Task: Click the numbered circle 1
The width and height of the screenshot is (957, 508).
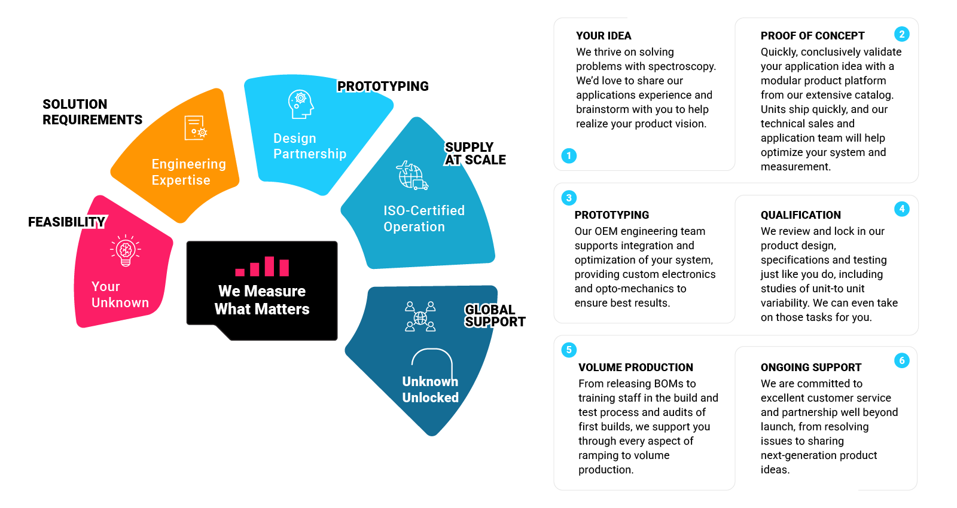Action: point(569,156)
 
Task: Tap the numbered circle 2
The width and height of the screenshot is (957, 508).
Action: point(902,34)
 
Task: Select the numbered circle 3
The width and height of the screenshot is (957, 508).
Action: point(569,198)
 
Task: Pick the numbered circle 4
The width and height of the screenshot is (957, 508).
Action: point(902,209)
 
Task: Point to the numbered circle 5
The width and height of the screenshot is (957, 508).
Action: point(569,350)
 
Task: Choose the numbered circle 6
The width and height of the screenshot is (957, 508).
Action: point(902,360)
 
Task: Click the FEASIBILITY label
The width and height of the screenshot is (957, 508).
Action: point(66,222)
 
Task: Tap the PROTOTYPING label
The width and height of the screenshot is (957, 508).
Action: point(383,87)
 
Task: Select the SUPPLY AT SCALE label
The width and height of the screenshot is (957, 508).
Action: point(476,154)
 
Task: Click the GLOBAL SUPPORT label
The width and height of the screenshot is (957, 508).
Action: point(495,316)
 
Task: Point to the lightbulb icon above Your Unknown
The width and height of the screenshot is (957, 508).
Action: point(126,250)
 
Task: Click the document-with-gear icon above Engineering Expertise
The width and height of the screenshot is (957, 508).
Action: point(196,128)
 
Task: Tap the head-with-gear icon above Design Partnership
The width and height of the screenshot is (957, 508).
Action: point(300,105)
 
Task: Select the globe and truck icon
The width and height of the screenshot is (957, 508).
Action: point(412,175)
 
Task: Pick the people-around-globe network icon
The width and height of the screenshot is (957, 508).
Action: point(420,317)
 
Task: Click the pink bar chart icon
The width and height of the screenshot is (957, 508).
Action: point(262,267)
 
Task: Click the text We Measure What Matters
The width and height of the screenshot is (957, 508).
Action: point(262,300)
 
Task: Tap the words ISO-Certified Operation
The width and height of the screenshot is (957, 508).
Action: point(423,219)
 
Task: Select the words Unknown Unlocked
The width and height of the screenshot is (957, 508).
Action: point(430,390)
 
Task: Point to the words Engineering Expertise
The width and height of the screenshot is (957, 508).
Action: point(188,172)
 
